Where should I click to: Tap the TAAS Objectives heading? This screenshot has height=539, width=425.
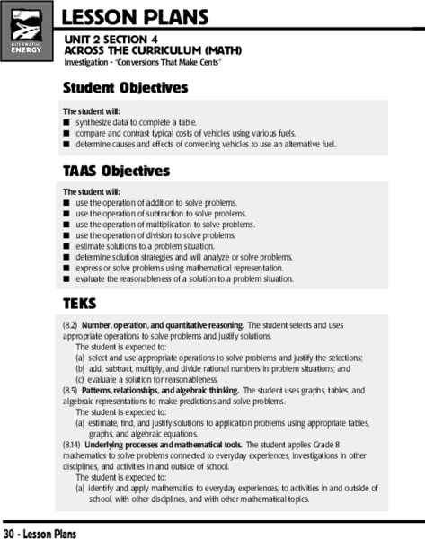point(116,171)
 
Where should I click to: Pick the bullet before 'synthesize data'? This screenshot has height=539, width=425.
point(66,121)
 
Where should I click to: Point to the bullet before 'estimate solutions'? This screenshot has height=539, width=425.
point(66,246)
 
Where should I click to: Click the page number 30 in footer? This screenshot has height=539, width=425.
point(9,533)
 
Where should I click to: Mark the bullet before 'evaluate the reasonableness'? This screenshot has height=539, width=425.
point(66,278)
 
